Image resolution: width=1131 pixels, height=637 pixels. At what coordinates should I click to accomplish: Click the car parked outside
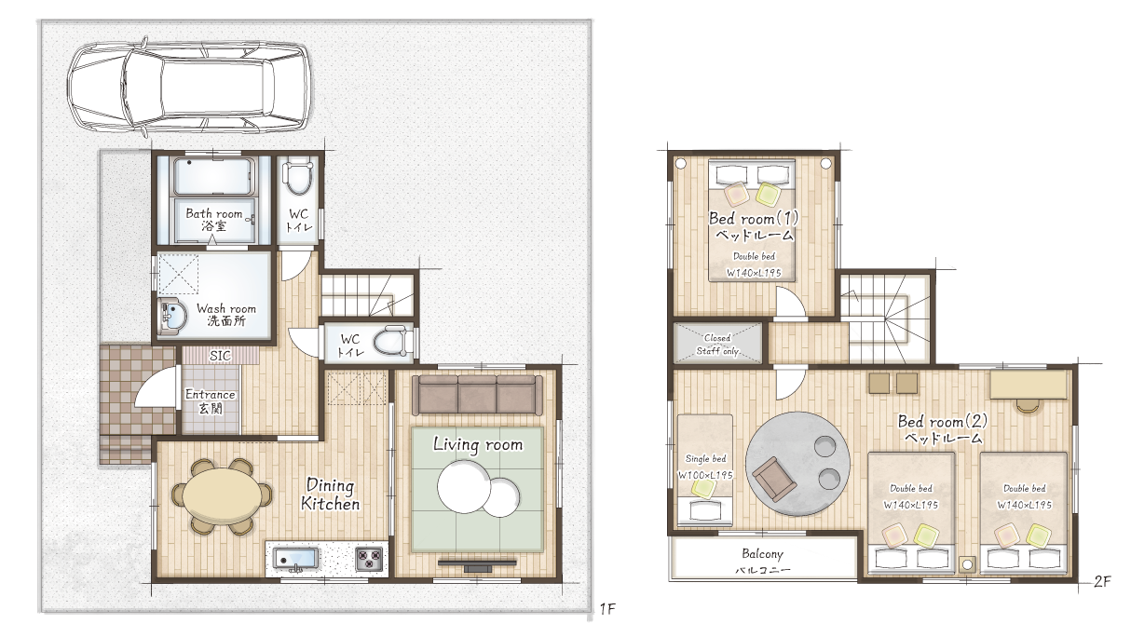point(189,87)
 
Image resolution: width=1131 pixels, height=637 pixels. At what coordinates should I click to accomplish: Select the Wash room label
point(226,314)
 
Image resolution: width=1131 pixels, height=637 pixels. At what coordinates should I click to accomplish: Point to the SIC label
point(220,356)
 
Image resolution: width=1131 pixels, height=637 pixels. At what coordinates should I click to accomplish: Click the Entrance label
point(210,400)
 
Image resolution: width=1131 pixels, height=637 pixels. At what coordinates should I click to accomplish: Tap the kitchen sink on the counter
point(296,560)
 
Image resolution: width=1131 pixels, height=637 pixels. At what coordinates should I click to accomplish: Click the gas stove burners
point(369,559)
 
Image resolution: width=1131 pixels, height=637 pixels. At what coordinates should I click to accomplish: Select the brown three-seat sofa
point(477,395)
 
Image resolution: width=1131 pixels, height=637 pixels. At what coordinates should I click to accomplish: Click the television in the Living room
point(477,563)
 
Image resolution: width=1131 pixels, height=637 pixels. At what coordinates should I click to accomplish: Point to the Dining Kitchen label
point(330,495)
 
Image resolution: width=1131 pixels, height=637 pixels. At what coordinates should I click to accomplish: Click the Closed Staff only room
point(717,344)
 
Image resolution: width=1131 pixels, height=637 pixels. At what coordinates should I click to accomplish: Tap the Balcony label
point(762,554)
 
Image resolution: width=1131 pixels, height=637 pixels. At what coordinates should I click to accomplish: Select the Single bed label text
point(705,459)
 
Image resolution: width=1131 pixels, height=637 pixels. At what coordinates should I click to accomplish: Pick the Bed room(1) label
point(754,219)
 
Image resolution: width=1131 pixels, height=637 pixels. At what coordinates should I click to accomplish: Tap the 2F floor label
point(1102,582)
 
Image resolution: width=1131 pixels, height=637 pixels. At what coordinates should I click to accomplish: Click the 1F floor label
point(608,609)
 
